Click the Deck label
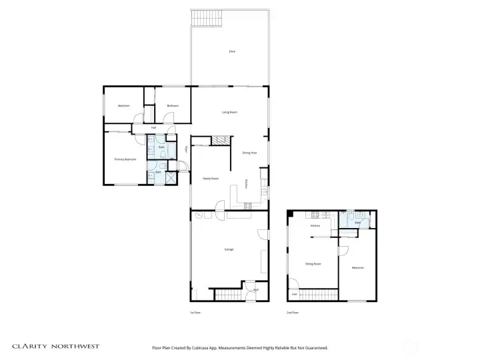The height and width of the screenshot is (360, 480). pyautogui.click(x=232, y=51)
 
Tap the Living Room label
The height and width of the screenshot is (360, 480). pyautogui.click(x=230, y=112)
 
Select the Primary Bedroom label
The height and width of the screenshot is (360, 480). pyautogui.click(x=125, y=159)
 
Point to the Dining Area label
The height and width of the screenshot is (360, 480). pyautogui.click(x=250, y=153)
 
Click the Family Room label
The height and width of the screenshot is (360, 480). pyautogui.click(x=211, y=179)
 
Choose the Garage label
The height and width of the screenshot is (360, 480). pyautogui.click(x=229, y=249)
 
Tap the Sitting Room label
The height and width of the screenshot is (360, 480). pyautogui.click(x=313, y=264)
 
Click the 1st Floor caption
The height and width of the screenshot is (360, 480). pyautogui.click(x=196, y=312)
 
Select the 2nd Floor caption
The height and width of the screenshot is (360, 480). pyautogui.click(x=292, y=312)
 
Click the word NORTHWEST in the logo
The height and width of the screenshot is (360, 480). pyautogui.click(x=75, y=347)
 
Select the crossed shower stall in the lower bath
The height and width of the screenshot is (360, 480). pyautogui.click(x=171, y=178)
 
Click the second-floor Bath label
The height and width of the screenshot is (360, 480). pyautogui.click(x=357, y=223)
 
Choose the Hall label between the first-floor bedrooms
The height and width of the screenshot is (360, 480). pyautogui.click(x=154, y=127)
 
